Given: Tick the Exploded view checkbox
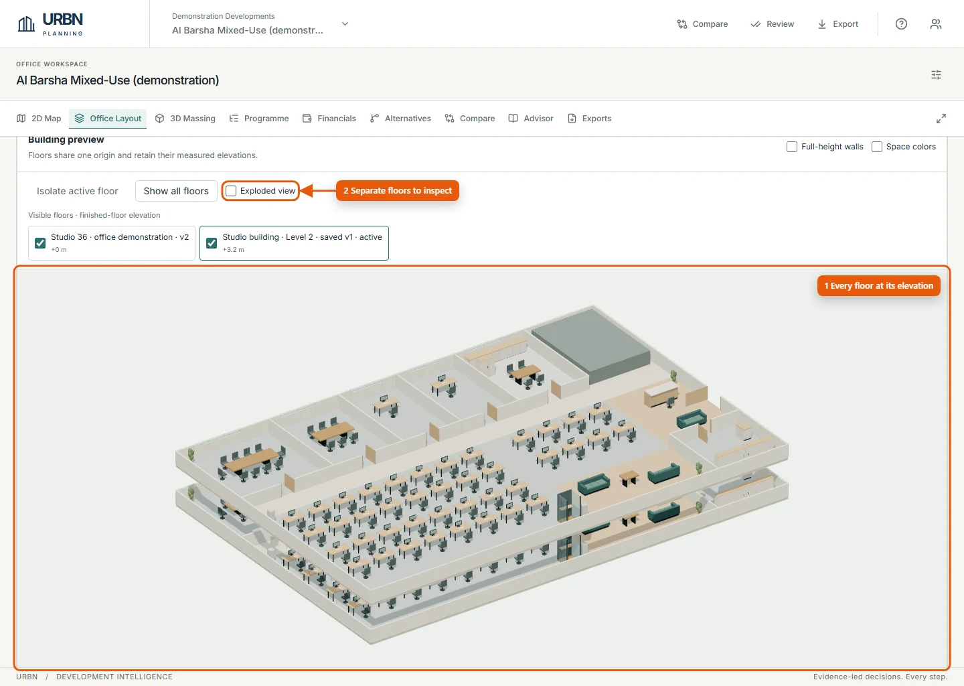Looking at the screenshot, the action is click(231, 191).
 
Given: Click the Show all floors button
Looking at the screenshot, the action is click(176, 191).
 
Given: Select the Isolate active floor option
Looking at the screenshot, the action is click(78, 191).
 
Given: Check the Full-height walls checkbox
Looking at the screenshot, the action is click(792, 147).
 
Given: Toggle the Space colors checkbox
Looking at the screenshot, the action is click(877, 147).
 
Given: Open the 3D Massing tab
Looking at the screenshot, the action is click(185, 119).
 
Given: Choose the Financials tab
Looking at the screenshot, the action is click(329, 119).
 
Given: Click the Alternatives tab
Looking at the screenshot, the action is click(400, 119).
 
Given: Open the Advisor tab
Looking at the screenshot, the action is click(531, 119).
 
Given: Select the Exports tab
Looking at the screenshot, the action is click(590, 119).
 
